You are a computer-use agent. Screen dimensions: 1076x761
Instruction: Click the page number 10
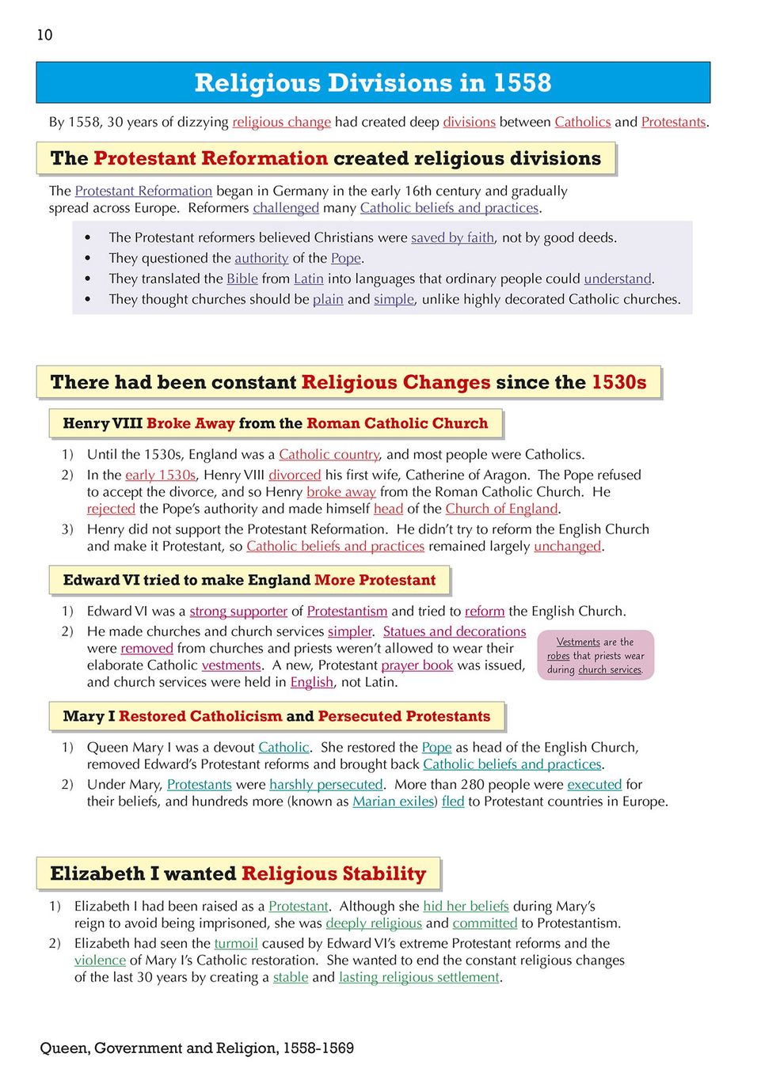tap(44, 35)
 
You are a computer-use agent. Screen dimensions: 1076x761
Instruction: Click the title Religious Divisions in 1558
tap(372, 82)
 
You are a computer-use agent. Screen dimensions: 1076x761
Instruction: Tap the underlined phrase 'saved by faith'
tap(452, 237)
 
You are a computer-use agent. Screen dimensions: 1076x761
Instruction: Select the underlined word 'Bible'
tap(242, 278)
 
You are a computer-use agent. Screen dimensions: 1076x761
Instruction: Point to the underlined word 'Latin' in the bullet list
tap(308, 278)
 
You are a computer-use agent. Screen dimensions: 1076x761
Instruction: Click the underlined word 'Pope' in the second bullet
tap(346, 258)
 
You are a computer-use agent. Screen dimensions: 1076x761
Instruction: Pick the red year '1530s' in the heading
tap(618, 382)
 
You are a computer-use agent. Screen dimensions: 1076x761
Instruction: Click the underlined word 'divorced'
tap(295, 475)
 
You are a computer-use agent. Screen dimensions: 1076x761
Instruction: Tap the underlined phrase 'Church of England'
tap(501, 509)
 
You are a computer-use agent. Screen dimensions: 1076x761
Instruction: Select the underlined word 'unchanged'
tap(567, 546)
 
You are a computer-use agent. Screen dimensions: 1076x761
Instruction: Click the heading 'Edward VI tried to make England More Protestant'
tap(249, 580)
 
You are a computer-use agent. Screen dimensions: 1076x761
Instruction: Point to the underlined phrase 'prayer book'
tap(417, 665)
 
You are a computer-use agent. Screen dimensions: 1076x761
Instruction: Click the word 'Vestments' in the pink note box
tap(578, 642)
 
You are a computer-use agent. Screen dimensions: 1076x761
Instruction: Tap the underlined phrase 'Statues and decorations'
tap(455, 631)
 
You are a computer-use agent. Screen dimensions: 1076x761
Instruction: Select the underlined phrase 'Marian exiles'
tap(393, 801)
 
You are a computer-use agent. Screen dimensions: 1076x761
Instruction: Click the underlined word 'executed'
tap(595, 784)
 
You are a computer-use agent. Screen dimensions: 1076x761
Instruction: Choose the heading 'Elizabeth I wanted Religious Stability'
tap(238, 873)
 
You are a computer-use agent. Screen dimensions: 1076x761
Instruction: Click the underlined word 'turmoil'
tap(236, 943)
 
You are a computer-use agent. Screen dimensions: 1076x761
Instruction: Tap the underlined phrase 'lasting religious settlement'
tap(419, 977)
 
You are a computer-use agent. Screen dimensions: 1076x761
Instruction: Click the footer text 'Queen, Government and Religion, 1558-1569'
tap(197, 1048)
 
